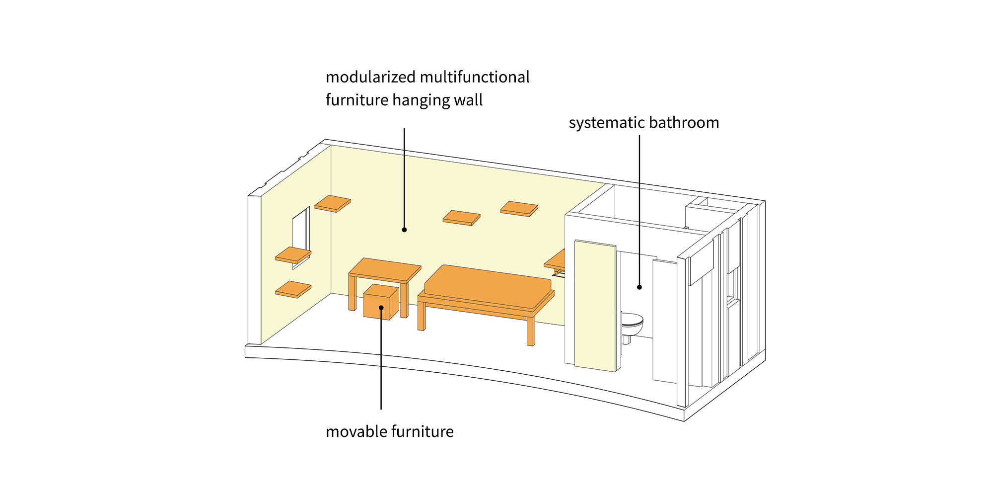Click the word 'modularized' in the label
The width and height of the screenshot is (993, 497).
coord(370,77)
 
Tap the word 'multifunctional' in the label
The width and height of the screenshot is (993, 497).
coord(475,77)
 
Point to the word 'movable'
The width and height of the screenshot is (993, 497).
coord(356,431)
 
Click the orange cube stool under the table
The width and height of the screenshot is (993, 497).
coord(381,302)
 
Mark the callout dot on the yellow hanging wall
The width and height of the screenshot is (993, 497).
coord(404,230)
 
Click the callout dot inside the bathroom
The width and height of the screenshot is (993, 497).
coord(639,287)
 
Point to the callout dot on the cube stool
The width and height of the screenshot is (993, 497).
coord(381,308)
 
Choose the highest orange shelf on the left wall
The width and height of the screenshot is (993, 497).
coord(333,203)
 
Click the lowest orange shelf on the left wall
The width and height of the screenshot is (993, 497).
coord(293,289)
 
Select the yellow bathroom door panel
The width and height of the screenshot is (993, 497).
coord(595,306)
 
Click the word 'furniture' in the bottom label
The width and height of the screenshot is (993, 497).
coord(422,431)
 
